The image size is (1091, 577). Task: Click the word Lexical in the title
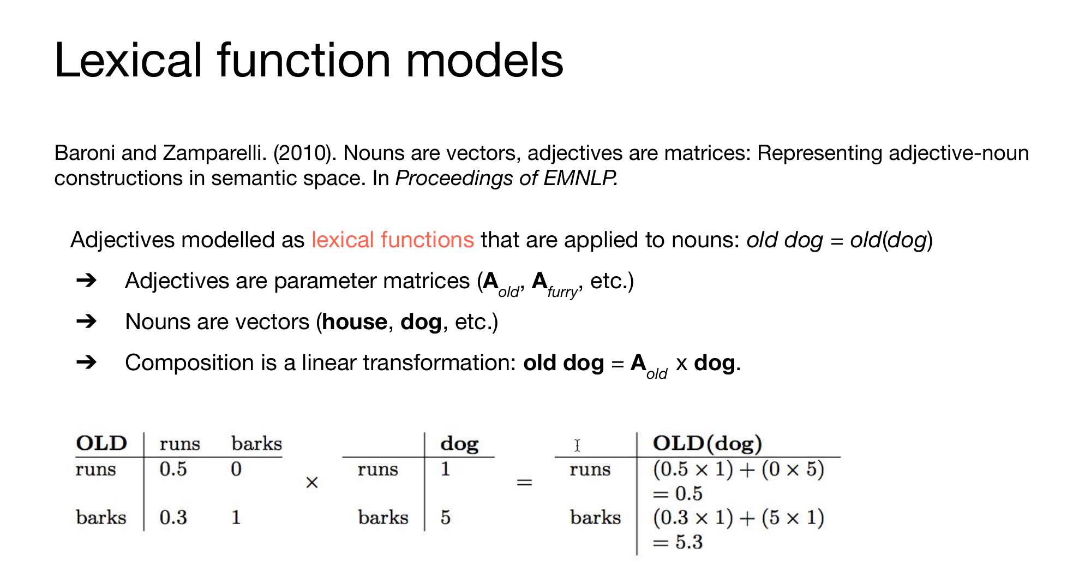click(129, 60)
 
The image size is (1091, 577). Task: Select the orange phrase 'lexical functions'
click(393, 240)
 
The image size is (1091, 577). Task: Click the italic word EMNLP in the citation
click(580, 179)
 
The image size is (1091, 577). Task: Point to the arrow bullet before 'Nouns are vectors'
click(87, 322)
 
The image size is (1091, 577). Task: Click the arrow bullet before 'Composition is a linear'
click(87, 362)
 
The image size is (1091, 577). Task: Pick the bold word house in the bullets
click(355, 322)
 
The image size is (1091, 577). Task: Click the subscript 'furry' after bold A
click(562, 292)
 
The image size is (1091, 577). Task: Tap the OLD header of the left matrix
click(101, 443)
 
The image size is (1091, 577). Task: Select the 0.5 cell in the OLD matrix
click(173, 469)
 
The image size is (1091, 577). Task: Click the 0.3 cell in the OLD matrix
click(173, 517)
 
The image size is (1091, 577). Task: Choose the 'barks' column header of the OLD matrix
click(256, 443)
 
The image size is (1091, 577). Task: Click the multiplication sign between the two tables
click(312, 483)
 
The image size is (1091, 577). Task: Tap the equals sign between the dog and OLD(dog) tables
click(524, 483)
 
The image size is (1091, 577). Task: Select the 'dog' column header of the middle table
click(459, 444)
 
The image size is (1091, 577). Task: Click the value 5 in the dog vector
click(446, 517)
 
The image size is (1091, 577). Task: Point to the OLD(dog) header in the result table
click(708, 443)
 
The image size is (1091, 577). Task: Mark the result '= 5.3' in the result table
click(678, 542)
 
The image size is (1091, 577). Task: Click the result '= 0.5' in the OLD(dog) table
click(678, 493)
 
